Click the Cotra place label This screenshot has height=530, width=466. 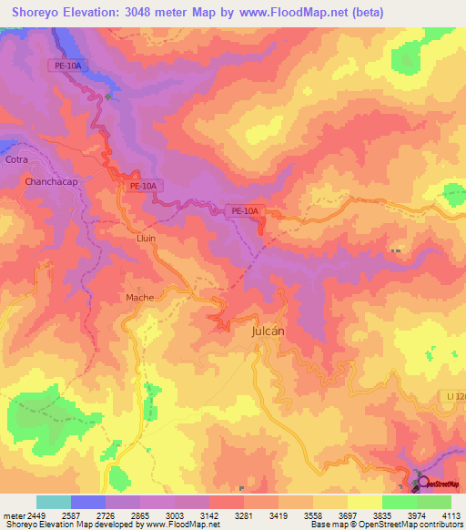point(17,159)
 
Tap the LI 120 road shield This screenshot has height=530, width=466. point(454,395)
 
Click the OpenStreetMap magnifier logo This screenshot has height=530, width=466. point(423,482)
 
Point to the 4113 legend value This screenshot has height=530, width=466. point(451,515)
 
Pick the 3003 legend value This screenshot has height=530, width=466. point(176,515)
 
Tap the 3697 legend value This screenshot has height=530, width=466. point(348,515)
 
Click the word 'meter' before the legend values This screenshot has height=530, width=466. point(13,515)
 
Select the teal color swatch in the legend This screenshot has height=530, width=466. point(54,502)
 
